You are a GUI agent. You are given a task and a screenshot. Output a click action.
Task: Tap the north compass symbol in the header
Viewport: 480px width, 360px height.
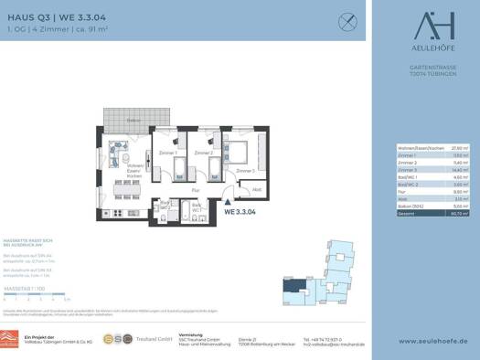(347, 20)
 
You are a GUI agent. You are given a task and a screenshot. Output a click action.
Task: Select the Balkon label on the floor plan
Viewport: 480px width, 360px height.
(133, 120)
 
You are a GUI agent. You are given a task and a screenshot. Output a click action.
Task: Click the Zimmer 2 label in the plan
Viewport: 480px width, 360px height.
(204, 153)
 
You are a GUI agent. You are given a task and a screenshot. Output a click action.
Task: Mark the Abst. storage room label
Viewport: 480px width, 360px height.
(257, 190)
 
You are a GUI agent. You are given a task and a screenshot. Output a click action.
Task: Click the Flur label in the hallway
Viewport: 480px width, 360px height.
(196, 190)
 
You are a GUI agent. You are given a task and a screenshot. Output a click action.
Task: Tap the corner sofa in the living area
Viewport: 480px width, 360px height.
(117, 150)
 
